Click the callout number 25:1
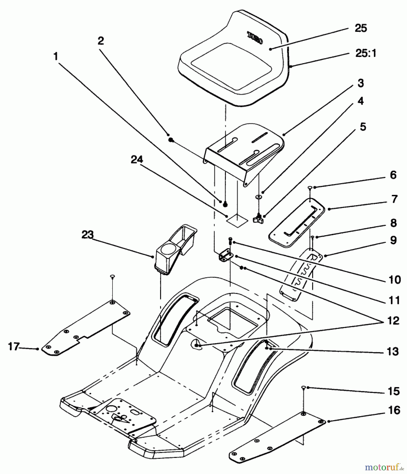coord(366,53)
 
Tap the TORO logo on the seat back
coord(255,38)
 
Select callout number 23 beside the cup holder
coord(87,234)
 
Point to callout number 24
coord(137,159)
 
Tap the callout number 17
coord(13,346)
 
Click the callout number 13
coord(393,351)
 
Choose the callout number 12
coord(393,320)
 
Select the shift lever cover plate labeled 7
coord(296,223)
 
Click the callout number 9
coord(393,240)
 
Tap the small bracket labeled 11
coord(226,256)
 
